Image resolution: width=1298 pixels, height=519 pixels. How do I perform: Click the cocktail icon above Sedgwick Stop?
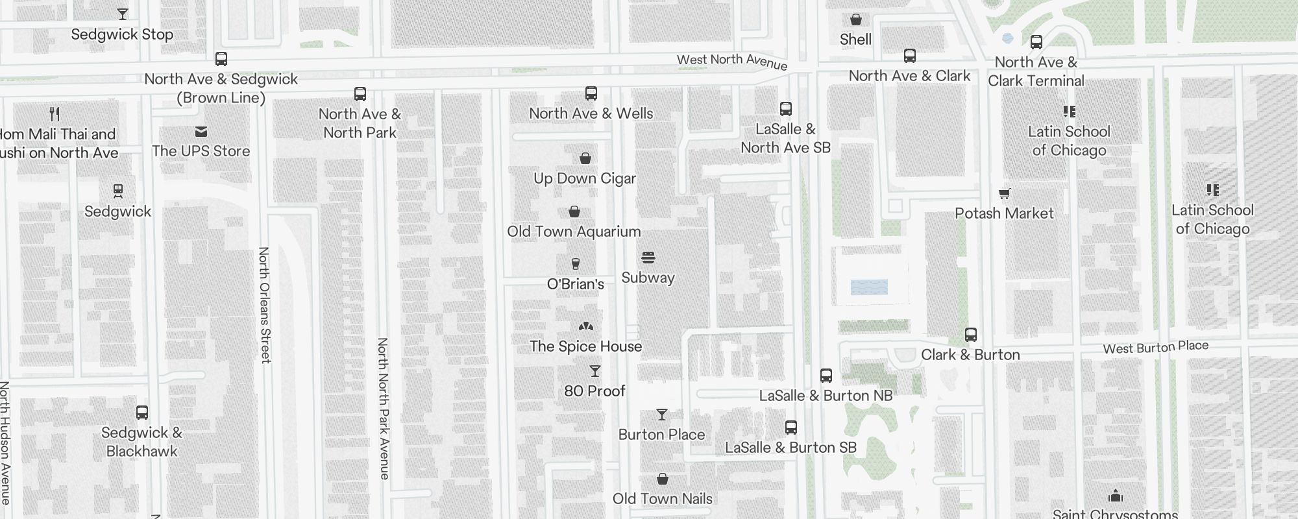point(122,14)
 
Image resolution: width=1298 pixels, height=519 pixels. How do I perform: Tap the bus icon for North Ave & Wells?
point(591,93)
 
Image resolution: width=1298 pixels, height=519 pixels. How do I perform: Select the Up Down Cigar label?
point(584,178)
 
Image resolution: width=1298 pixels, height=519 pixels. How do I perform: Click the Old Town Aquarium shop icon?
point(574,211)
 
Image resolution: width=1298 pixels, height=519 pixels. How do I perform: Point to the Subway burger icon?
point(648,258)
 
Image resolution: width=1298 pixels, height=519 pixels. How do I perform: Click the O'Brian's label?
point(575,284)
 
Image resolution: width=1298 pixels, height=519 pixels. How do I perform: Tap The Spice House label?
point(585,346)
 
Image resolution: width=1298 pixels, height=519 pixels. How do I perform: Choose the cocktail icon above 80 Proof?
point(594,371)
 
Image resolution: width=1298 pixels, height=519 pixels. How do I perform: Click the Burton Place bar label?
point(661,435)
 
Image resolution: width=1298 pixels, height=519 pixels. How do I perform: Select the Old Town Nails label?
point(662,499)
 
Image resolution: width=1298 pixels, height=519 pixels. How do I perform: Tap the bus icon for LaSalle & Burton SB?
point(790,428)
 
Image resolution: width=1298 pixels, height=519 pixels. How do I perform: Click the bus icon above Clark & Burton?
point(970,335)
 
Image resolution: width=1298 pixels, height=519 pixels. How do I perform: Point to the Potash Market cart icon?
point(1004,193)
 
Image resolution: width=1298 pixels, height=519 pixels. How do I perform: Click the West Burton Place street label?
point(1155,347)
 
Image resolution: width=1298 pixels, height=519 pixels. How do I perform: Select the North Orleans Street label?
point(264,305)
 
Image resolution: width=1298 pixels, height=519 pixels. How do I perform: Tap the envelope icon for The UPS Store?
point(201,132)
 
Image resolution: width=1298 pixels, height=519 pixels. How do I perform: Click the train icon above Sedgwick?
point(117,191)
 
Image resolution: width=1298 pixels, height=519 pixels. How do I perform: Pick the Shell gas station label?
point(855,40)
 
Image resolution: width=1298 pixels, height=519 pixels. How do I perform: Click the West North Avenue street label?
point(731,62)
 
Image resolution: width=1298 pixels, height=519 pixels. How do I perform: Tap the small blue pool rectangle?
point(868,287)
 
